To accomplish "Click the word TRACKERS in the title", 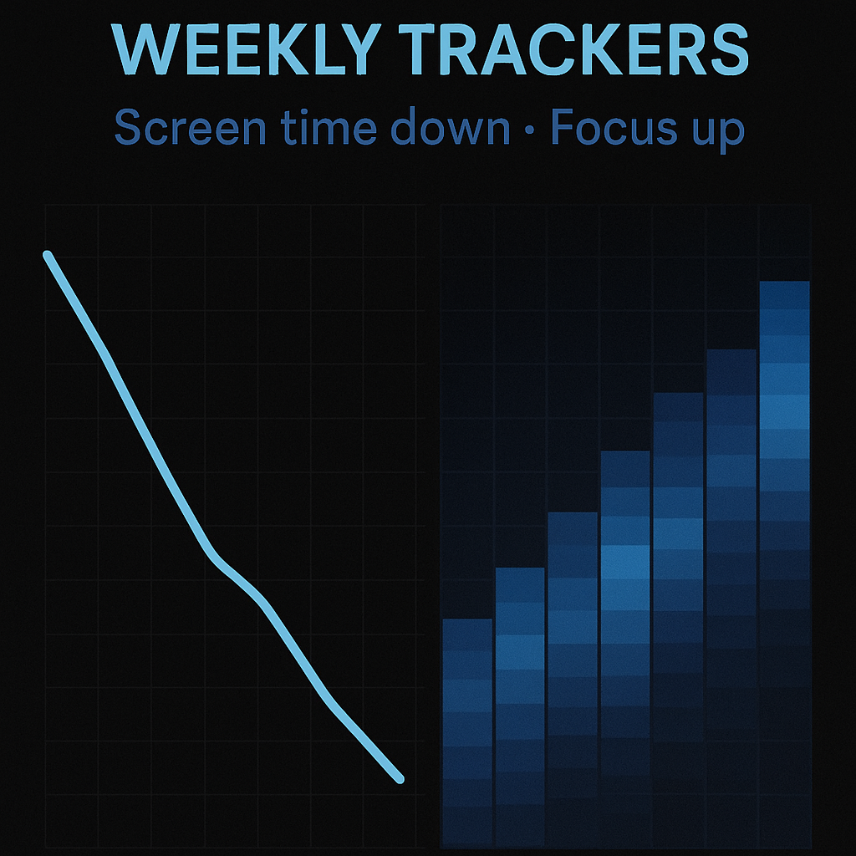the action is click(x=573, y=49).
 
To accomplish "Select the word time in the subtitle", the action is click(x=329, y=127).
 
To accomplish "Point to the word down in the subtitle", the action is click(x=451, y=127).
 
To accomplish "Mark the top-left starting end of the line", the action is click(x=48, y=255).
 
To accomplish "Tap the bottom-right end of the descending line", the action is click(x=400, y=780).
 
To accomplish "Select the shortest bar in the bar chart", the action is click(x=467, y=732).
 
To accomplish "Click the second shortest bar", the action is click(x=520, y=707).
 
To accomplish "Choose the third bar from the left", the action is click(x=573, y=679).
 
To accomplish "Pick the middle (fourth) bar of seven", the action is click(x=625, y=649).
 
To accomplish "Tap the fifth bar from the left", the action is click(x=679, y=619).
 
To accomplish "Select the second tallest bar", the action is click(x=731, y=598).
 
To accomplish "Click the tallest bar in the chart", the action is click(x=784, y=563).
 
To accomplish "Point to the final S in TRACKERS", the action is click(x=728, y=49).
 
